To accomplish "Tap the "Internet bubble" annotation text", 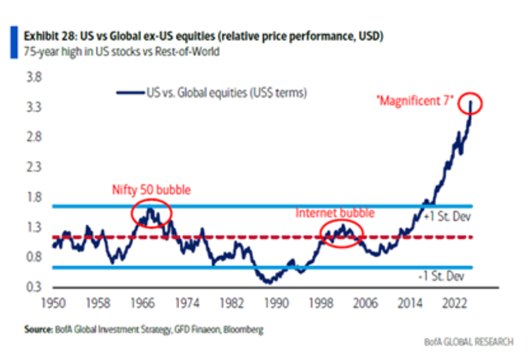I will point(335,213).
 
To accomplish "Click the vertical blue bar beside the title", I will point(14,42).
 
